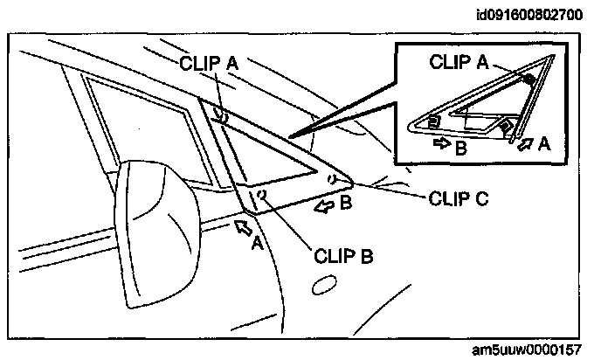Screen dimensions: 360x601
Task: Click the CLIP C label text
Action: pos(459,197)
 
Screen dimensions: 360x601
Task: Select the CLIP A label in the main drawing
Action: pos(210,63)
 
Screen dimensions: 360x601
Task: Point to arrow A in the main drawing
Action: pos(245,227)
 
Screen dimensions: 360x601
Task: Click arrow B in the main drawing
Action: pos(325,206)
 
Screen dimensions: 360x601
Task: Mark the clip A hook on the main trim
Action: pos(224,116)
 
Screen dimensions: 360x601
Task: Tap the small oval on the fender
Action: pos(325,284)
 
